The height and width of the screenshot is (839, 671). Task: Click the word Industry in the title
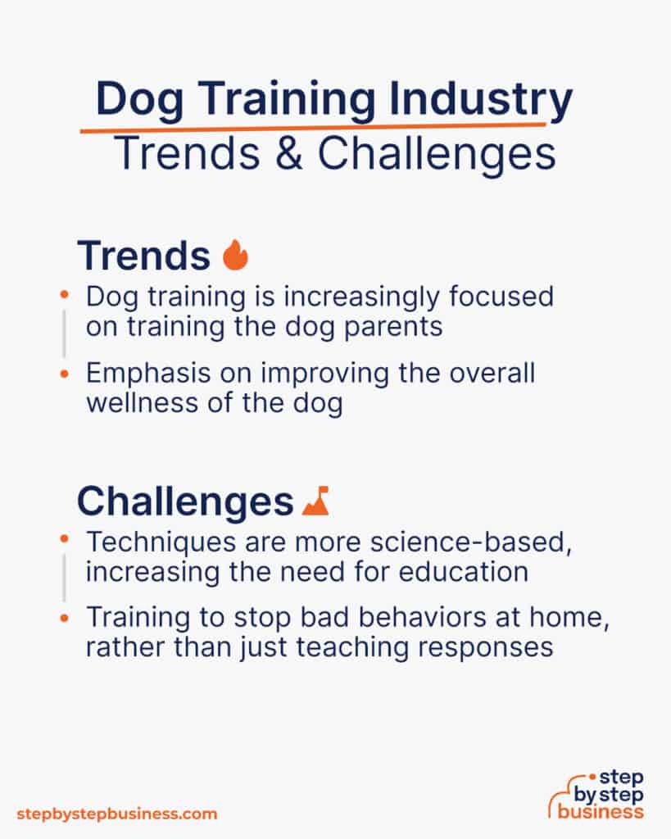coord(481,101)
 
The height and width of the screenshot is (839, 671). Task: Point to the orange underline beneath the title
coord(311,127)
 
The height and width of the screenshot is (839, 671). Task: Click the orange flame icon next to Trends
coord(235,256)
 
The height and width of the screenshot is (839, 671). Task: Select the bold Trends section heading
coord(143,256)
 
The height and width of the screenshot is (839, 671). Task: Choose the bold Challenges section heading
coord(184,501)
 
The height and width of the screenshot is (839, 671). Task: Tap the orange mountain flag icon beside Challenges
coord(315,501)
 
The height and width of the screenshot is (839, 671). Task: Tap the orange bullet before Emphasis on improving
coord(65,374)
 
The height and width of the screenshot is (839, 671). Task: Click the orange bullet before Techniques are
coord(65,542)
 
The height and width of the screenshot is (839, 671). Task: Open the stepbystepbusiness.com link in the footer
coord(117,814)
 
